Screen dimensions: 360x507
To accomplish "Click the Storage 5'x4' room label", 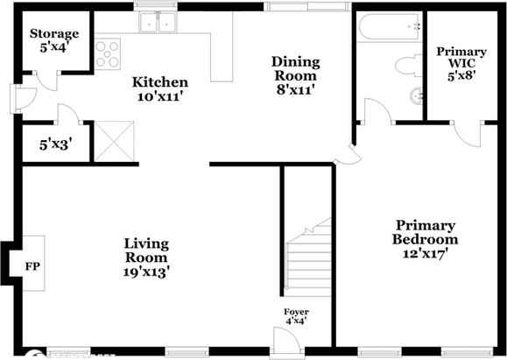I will click(x=54, y=40).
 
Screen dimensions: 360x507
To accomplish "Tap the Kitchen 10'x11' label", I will click(x=160, y=89).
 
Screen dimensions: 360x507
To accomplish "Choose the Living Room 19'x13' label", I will click(x=146, y=257).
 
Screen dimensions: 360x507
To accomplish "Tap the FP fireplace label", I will click(x=32, y=265).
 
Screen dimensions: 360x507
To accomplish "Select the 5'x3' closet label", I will click(x=55, y=145).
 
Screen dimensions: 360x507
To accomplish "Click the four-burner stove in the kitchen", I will click(x=108, y=54).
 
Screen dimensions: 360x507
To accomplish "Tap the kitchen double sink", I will click(x=158, y=25).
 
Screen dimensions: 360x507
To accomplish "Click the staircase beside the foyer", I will click(x=309, y=255).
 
